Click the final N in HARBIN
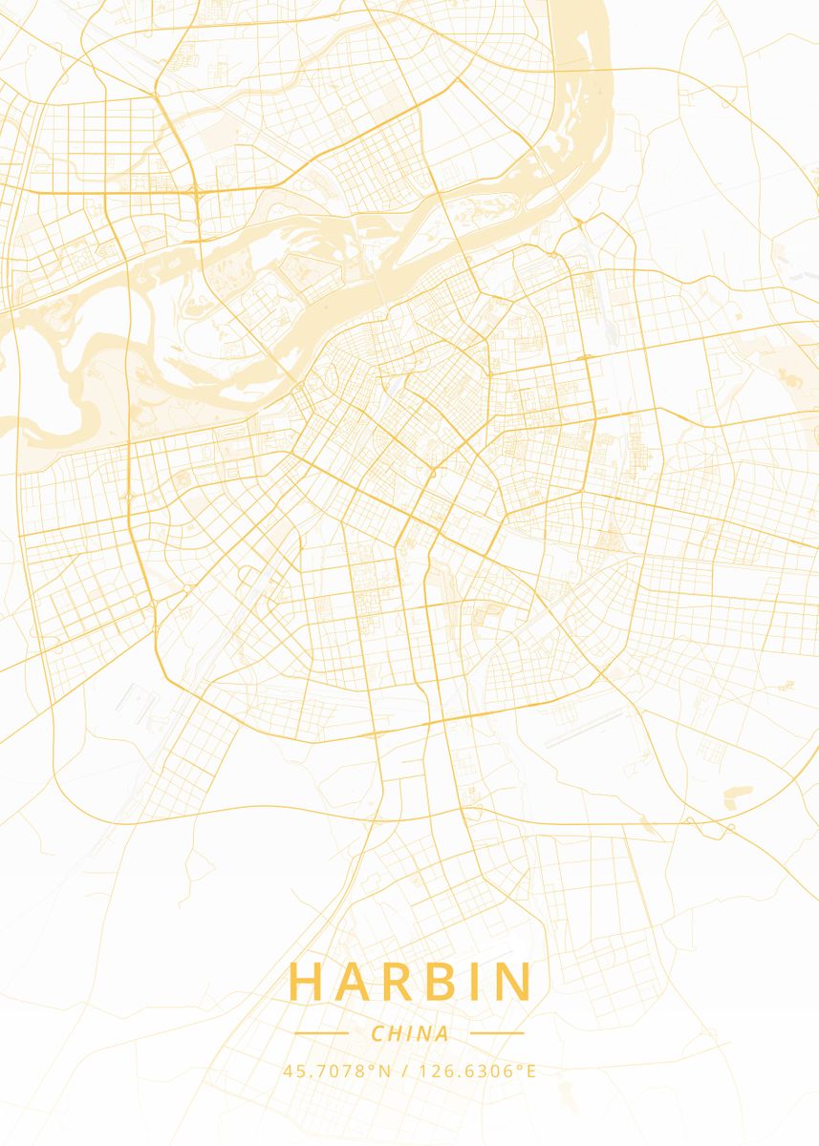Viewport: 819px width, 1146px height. [510, 983]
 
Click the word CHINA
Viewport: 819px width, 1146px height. [410, 1033]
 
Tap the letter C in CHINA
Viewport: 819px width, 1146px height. [377, 1033]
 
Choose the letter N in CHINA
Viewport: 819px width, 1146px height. [423, 1033]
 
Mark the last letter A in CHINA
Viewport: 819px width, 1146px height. [442, 1033]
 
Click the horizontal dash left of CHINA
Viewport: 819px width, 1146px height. [321, 1033]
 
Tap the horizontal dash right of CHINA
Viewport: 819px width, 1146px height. [498, 1033]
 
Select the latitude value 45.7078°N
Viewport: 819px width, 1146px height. [337, 1072]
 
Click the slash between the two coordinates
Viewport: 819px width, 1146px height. [404, 1072]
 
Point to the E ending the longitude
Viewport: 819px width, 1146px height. [531, 1072]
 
